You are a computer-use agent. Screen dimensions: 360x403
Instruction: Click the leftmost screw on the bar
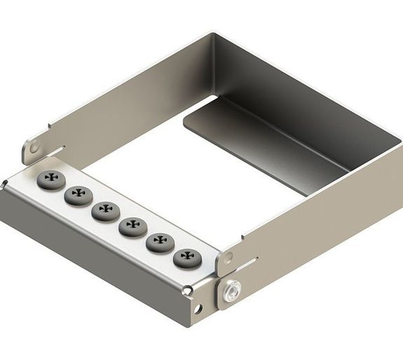pyautogui.click(x=50, y=179)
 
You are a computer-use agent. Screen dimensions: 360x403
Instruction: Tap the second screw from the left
pyautogui.click(x=78, y=195)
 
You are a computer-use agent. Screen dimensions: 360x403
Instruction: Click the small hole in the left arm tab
pyautogui.click(x=33, y=148)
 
